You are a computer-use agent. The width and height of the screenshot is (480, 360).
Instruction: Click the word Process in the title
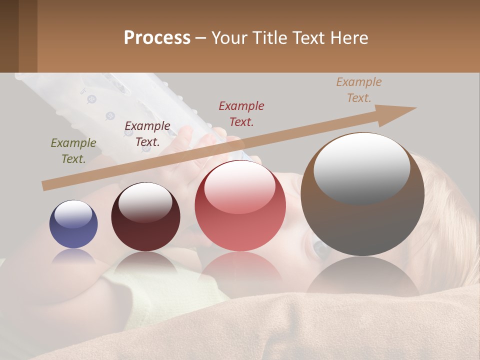point(157,37)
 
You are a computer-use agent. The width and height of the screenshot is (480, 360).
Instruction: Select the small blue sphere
point(73,224)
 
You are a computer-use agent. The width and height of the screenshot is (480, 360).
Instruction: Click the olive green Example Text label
point(73,151)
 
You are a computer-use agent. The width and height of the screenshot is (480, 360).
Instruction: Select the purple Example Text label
point(147,134)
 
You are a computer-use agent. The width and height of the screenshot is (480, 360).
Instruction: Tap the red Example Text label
point(241,113)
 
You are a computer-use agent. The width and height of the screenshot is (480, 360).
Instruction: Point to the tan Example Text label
point(359,90)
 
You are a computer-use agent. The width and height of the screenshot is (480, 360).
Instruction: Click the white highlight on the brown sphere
point(361,167)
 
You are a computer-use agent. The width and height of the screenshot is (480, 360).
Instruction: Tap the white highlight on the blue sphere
point(73,214)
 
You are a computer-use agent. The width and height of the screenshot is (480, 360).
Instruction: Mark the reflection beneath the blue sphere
point(73,256)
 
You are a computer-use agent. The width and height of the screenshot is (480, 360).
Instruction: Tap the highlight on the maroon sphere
point(145,201)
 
